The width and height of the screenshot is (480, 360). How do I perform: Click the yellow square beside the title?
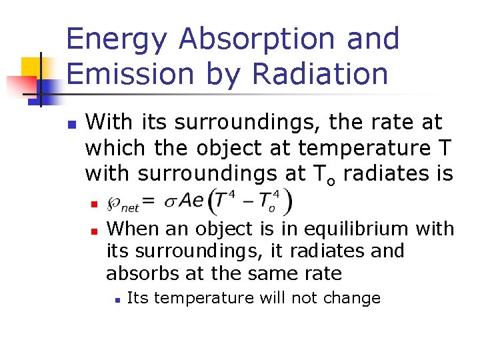tap(32, 67)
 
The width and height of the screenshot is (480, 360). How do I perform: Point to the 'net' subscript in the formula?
tap(129, 207)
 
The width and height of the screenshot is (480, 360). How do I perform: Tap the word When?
tap(134, 229)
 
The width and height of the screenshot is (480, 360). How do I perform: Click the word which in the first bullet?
tap(113, 147)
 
